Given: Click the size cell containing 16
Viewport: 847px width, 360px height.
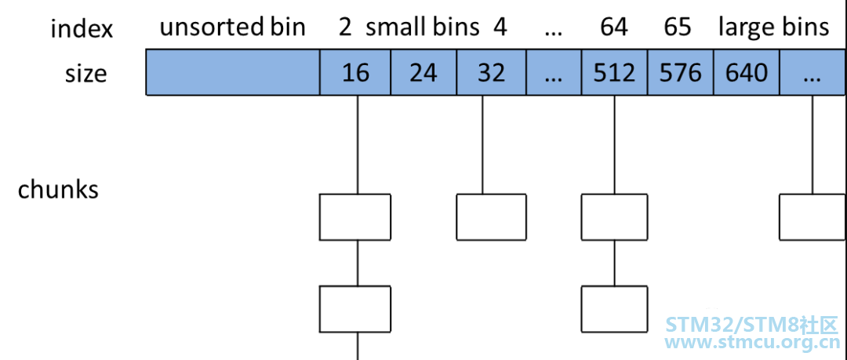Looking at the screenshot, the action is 355,72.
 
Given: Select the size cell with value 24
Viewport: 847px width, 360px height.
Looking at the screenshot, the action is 423,72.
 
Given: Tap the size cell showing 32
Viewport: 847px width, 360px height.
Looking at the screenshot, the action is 491,72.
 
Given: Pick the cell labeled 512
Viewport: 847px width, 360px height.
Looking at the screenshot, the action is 614,72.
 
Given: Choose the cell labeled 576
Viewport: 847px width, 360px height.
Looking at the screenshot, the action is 681,72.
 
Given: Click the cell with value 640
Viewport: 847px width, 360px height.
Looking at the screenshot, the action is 747,72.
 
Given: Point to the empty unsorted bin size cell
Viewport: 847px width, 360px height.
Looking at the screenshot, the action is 233,72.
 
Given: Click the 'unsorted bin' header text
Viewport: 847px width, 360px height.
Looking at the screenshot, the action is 233,27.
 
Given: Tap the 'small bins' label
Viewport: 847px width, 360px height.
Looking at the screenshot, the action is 423,27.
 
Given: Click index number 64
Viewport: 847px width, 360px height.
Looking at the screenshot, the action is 613,27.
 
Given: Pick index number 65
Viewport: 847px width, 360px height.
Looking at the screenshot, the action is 678,27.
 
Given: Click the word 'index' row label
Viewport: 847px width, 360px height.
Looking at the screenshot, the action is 82,29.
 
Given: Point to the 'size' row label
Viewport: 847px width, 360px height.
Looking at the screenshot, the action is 86,74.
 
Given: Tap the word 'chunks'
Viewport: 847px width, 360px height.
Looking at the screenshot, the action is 58,190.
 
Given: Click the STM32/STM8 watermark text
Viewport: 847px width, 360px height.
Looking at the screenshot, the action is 751,325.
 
